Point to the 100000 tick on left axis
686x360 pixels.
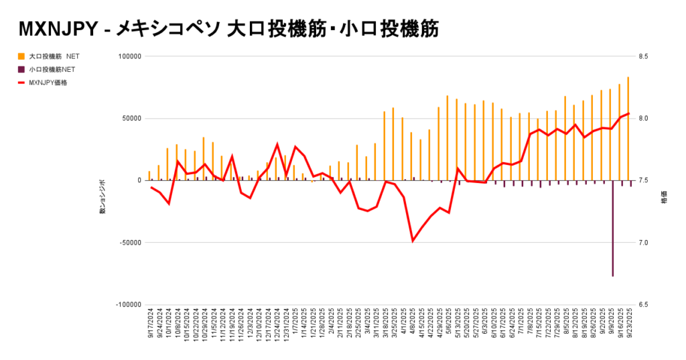(x=128, y=56)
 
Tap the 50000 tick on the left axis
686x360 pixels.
(x=130, y=119)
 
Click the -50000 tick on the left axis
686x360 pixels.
(x=129, y=243)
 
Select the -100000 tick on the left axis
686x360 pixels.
(x=127, y=304)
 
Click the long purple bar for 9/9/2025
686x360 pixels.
(x=612, y=228)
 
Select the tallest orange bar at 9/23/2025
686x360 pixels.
(x=628, y=127)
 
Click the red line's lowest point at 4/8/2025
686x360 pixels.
(x=413, y=241)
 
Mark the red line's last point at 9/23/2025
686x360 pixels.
(x=628, y=114)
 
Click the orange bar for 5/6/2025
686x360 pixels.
(x=448, y=137)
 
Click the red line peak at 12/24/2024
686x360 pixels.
(x=277, y=144)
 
